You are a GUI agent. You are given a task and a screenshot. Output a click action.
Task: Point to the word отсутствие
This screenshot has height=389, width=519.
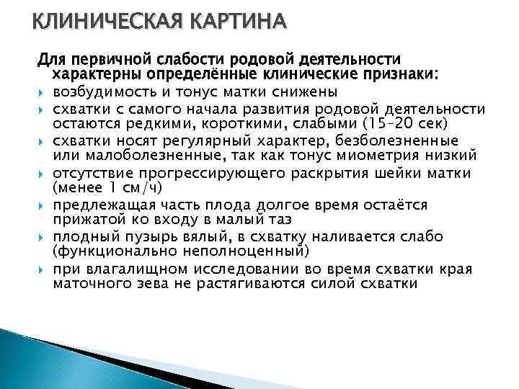click(x=90, y=173)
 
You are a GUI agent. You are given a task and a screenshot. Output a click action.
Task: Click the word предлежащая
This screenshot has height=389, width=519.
click(x=98, y=205)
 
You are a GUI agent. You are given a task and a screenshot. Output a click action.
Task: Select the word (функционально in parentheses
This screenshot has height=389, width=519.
click(x=107, y=253)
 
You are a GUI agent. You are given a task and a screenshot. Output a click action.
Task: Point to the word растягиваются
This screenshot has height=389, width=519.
click(x=252, y=285)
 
